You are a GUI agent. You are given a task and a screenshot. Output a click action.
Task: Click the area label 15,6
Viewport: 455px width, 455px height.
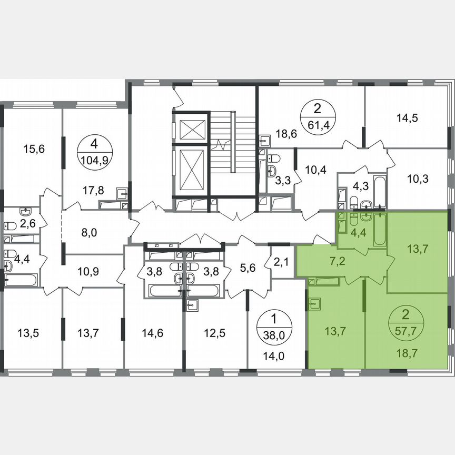click(34, 149)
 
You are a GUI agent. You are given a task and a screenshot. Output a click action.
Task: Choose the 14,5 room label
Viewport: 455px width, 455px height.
click(407, 118)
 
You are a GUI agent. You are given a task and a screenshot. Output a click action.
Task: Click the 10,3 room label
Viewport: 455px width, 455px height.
click(418, 178)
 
